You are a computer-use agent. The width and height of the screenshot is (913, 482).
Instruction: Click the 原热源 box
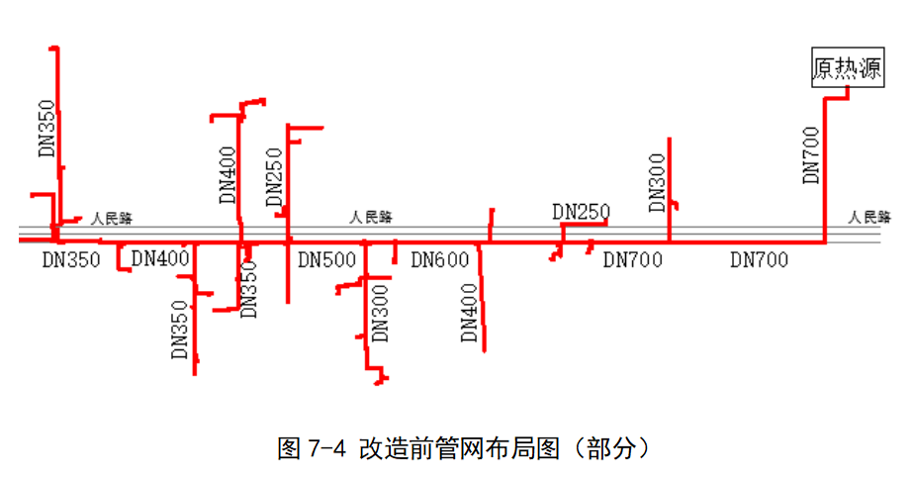pyautogui.click(x=847, y=68)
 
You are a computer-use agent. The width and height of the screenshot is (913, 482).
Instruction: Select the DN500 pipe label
pyautogui.click(x=326, y=260)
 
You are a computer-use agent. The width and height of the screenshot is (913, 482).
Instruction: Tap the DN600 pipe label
pyautogui.click(x=439, y=260)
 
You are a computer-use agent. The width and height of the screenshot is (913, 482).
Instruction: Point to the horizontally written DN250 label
pyautogui.click(x=581, y=211)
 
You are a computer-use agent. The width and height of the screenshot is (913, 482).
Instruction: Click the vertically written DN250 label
pyautogui.click(x=275, y=178)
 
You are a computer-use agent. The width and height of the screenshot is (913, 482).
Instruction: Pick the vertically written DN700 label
pyautogui.click(x=812, y=154)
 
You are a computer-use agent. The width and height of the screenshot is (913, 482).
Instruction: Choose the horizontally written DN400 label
pyautogui.click(x=160, y=259)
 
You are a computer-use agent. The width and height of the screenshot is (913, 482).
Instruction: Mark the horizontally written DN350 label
pyautogui.click(x=71, y=260)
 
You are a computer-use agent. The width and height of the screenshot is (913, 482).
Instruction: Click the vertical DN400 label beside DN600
pyautogui.click(x=470, y=313)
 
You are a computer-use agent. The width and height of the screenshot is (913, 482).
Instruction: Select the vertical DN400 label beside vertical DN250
pyautogui.click(x=228, y=174)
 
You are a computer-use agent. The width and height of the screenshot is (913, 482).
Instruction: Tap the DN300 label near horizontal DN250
pyautogui.click(x=658, y=183)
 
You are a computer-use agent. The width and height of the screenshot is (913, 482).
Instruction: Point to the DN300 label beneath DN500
pyautogui.click(x=380, y=313)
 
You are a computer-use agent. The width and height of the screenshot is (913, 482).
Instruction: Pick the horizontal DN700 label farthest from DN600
pyautogui.click(x=760, y=260)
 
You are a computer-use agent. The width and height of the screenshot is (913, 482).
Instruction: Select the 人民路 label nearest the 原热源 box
pyautogui.click(x=869, y=217)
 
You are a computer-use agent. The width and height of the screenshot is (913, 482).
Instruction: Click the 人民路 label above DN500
pyautogui.click(x=371, y=217)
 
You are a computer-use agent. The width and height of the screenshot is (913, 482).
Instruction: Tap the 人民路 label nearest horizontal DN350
pyautogui.click(x=112, y=217)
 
